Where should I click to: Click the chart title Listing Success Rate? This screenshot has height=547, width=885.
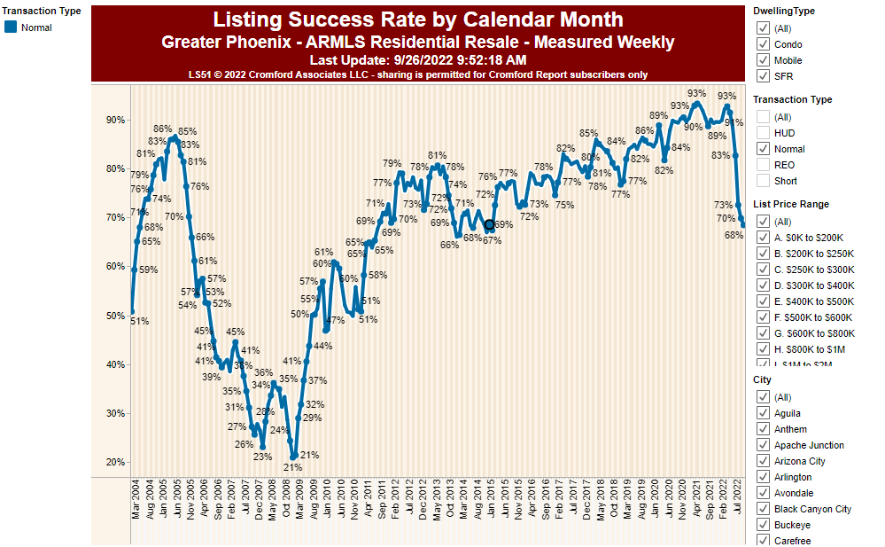417,20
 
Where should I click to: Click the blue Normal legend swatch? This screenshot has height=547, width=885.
11,27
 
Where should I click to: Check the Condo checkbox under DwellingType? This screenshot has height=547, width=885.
763,44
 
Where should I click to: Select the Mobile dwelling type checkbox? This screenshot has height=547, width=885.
763,60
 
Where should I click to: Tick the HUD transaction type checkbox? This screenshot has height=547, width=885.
763,133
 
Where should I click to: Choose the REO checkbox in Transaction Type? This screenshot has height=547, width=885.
763,165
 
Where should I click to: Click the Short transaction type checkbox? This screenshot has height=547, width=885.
763,181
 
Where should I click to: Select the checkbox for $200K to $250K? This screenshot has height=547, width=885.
763,254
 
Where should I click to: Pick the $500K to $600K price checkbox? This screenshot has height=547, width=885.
763,317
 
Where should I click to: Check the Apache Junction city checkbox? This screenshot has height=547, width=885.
763,445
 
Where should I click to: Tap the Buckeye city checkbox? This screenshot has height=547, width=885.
763,525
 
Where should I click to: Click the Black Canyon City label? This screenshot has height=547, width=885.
812,509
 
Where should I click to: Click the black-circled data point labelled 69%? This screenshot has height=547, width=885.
489,225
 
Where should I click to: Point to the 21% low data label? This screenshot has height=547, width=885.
293,467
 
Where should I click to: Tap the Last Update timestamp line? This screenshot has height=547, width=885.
417,59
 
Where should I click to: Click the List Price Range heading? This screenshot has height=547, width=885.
790,204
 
